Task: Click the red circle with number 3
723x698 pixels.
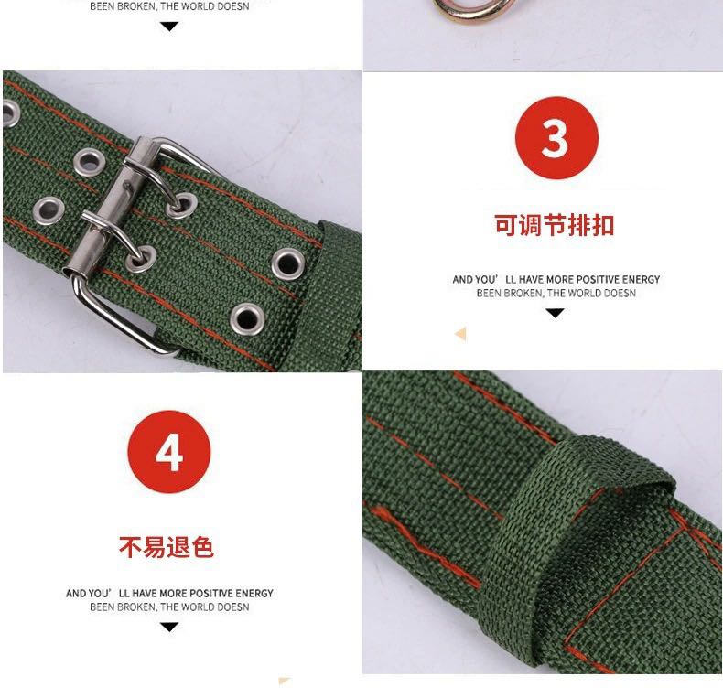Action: click(556, 137)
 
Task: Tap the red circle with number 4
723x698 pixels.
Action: click(169, 451)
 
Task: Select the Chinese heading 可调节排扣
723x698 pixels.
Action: click(555, 225)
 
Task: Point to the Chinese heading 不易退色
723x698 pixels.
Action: click(167, 547)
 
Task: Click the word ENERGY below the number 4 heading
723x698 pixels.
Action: click(254, 594)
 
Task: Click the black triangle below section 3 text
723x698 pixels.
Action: click(555, 314)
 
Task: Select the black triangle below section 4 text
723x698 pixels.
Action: click(169, 627)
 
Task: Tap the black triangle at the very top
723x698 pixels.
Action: click(169, 27)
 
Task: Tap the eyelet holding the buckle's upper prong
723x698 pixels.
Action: click(182, 205)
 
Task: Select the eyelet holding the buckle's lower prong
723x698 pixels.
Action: click(141, 259)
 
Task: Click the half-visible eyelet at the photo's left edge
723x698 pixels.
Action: click(10, 113)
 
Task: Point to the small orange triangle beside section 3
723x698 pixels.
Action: click(460, 334)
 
